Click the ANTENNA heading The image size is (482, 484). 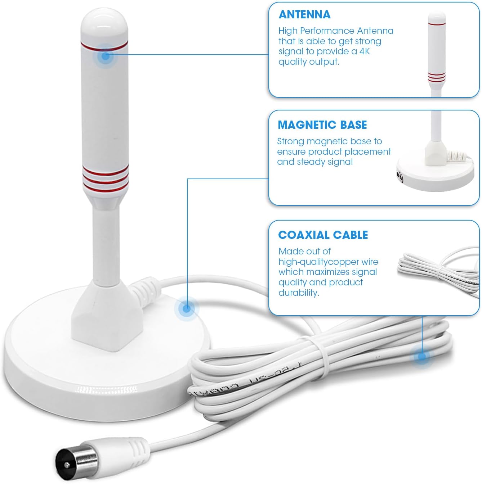[x=304, y=14]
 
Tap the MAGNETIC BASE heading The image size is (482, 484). [x=322, y=125]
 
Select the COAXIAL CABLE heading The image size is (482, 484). [x=323, y=235]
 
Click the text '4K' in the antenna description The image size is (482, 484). [x=365, y=51]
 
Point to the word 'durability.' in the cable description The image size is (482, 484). [x=299, y=293]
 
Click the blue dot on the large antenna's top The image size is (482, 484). [x=106, y=56]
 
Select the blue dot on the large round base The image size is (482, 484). [x=186, y=308]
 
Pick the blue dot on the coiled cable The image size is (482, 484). [x=422, y=357]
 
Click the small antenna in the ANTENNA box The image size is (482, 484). [x=437, y=54]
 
